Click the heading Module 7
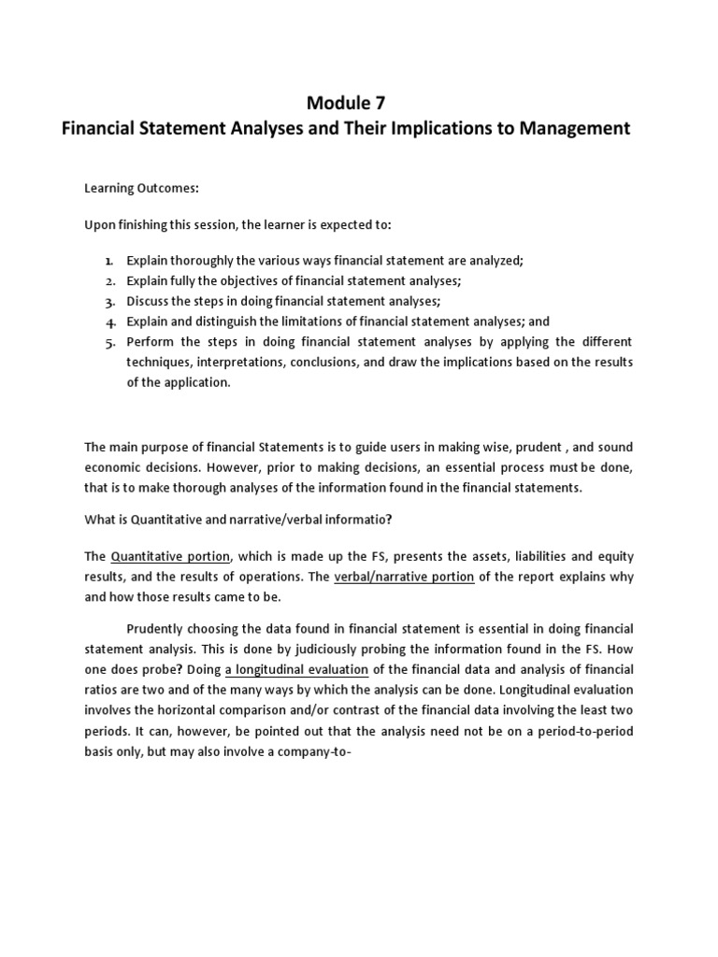(345, 102)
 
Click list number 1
(109, 262)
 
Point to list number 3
(109, 301)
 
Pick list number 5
(109, 341)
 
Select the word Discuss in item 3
(148, 301)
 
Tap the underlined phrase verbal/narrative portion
(404, 577)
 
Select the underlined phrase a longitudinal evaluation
(296, 669)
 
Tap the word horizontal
(171, 709)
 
